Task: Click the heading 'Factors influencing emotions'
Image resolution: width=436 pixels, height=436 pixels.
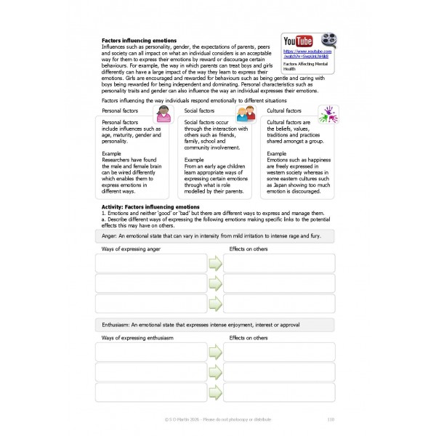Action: [139, 41]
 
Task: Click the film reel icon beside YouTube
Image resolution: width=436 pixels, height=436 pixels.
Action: [326, 41]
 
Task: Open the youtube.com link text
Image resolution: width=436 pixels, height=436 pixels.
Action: [307, 53]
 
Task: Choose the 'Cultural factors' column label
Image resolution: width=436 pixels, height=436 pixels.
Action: [285, 110]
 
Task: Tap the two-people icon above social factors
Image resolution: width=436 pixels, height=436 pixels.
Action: [246, 113]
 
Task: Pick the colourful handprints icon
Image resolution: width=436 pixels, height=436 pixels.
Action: [328, 112]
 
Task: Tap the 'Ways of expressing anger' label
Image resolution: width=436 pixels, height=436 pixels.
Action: [130, 249]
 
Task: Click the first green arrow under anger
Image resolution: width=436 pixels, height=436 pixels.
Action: [215, 264]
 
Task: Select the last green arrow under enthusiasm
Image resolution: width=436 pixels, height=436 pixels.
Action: [215, 392]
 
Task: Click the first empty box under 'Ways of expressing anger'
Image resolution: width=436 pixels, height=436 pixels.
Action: [150, 263]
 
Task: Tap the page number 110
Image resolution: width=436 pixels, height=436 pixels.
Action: [331, 419]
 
